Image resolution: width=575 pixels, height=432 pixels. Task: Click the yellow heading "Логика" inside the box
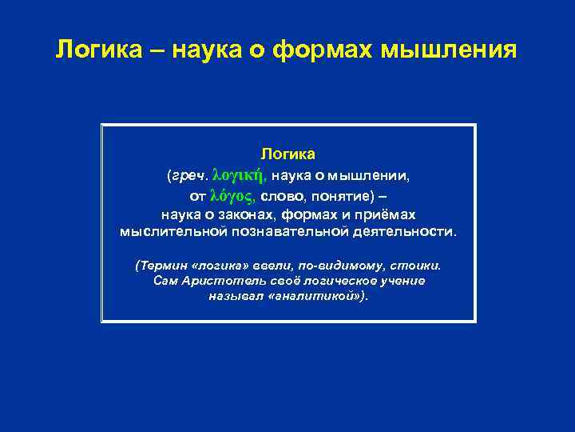(x=288, y=153)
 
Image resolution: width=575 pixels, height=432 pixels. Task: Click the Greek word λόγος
(x=232, y=194)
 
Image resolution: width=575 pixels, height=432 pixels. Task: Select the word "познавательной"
(x=284, y=232)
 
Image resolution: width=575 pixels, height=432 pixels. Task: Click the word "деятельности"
(x=406, y=232)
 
